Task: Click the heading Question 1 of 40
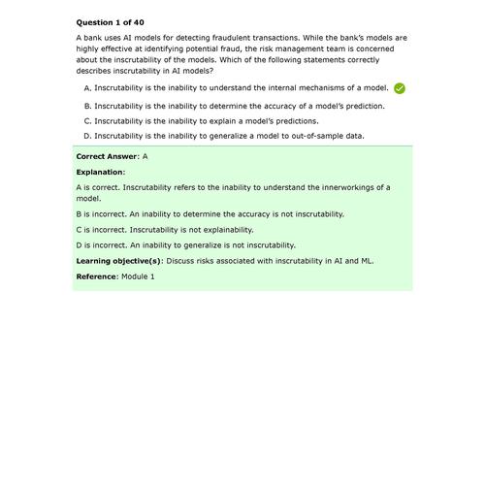(108, 20)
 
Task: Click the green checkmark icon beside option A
(400, 88)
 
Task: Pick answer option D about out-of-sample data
(224, 136)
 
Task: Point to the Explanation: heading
(101, 171)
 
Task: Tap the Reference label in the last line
(96, 276)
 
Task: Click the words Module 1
(138, 276)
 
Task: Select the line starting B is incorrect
(210, 213)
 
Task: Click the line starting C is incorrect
(164, 230)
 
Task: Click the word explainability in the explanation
(226, 230)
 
